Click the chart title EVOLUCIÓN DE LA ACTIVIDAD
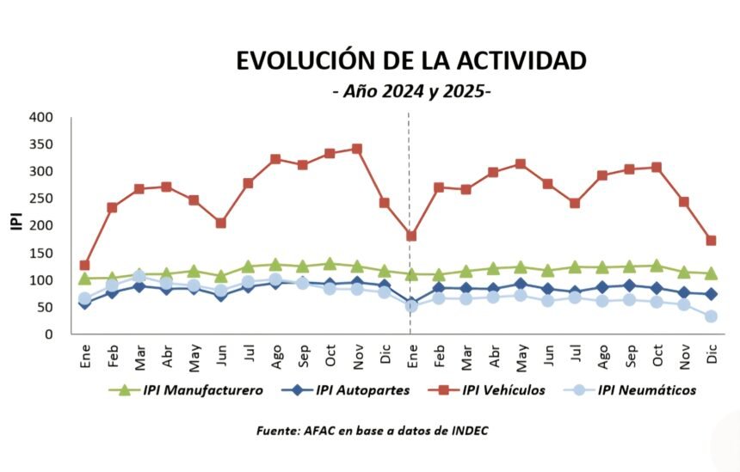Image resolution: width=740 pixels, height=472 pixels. tap(411, 60)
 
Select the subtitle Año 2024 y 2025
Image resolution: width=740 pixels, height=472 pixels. tap(411, 91)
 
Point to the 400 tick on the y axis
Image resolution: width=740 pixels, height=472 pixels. tap(40, 117)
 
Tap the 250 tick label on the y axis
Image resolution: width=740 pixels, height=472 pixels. tap(40, 199)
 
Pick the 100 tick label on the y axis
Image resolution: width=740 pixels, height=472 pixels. tap(40, 280)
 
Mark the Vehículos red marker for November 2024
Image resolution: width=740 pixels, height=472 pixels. tap(357, 149)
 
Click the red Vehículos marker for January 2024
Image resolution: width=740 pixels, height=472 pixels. tap(84, 266)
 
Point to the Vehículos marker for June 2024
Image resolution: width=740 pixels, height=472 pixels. tap(221, 223)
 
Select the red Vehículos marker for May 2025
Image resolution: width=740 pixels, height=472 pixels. tap(521, 163)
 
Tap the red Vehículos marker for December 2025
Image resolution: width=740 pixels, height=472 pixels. tap(712, 241)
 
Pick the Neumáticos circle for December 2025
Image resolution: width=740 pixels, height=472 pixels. tap(712, 316)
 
